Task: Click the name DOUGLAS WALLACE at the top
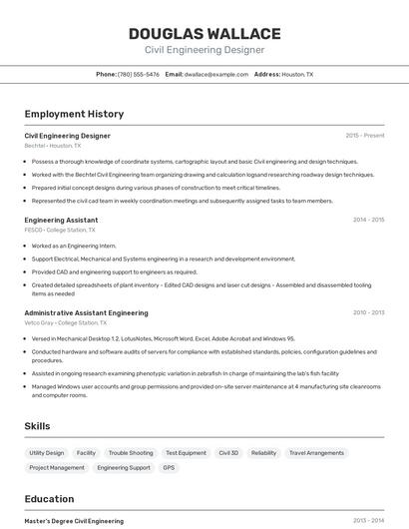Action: point(204,34)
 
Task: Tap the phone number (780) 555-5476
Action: point(138,74)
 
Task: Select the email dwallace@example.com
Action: point(215,74)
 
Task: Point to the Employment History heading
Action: point(74,114)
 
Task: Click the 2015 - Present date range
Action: point(364,135)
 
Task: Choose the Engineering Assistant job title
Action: point(61,220)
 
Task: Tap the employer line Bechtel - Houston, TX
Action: point(55,146)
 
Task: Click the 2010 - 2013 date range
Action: point(368,312)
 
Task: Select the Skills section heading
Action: point(37,426)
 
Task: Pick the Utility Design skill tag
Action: point(46,453)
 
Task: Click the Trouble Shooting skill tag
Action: point(131,453)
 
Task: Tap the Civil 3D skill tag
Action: point(228,453)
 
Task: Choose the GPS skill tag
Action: point(169,467)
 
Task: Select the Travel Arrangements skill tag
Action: point(316,453)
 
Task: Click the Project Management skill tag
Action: point(57,467)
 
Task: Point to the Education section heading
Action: point(49,499)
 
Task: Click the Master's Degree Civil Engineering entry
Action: point(74,520)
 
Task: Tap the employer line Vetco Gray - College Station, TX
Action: point(66,323)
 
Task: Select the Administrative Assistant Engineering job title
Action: point(86,312)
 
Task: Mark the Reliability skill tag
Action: point(263,453)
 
